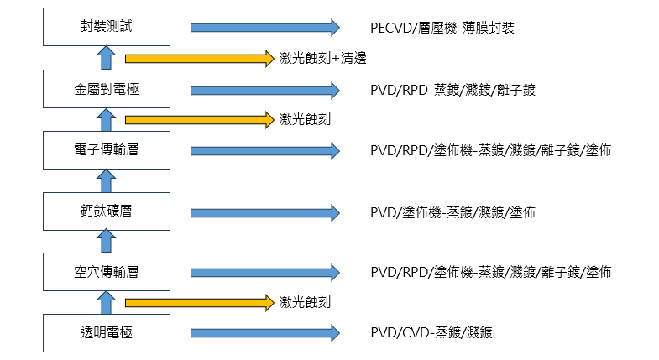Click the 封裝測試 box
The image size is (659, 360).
tap(106, 28)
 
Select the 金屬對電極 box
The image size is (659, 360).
tap(106, 90)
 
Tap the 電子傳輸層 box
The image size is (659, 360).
tap(106, 151)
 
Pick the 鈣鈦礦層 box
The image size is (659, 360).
tap(106, 211)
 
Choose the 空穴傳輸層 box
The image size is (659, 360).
tap(106, 272)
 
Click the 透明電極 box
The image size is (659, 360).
tap(106, 332)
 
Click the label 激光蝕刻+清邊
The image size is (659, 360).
tap(323, 59)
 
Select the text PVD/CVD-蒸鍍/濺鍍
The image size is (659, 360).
tap(431, 332)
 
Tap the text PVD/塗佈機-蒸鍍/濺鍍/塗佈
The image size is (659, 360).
tap(452, 211)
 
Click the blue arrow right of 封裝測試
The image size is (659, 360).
tap(264, 28)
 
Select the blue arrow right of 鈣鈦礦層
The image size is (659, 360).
tap(264, 211)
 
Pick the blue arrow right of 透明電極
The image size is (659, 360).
tap(264, 332)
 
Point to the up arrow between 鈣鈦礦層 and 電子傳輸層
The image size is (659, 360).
tap(106, 180)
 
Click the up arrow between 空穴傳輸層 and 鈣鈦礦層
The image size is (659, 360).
tap(106, 241)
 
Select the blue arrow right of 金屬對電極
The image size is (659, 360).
tap(264, 90)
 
